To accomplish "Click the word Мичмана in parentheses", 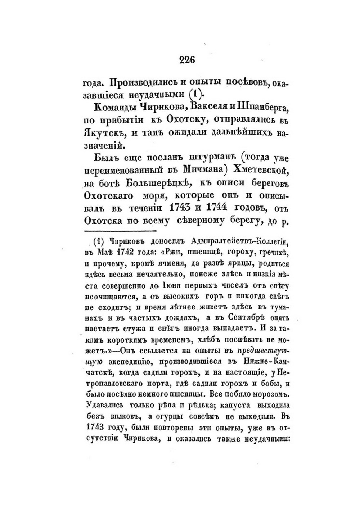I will point(206,170).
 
